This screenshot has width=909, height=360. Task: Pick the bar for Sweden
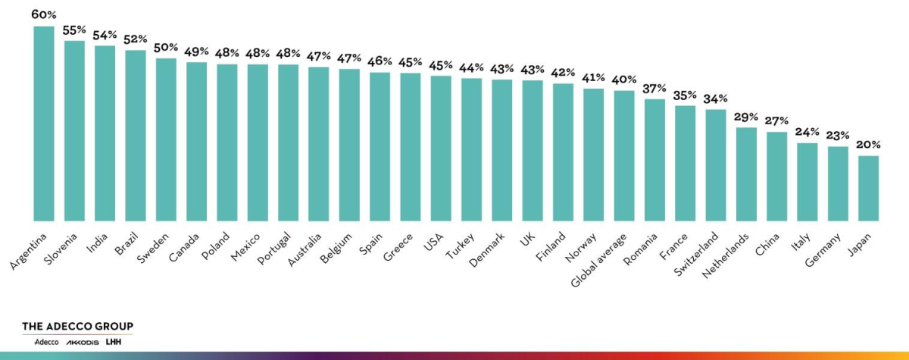click(x=166, y=139)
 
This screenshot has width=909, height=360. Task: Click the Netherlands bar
click(x=746, y=174)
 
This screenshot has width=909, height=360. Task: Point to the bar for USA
click(x=441, y=148)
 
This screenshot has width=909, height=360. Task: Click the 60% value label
click(x=43, y=14)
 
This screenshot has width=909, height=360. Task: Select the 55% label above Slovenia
click(x=74, y=30)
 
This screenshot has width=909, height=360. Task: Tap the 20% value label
click(x=868, y=146)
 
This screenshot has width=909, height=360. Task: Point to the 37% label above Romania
click(x=654, y=89)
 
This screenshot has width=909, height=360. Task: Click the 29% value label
click(x=746, y=117)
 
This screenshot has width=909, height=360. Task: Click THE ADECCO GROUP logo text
click(x=77, y=327)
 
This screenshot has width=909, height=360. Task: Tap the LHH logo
click(x=114, y=343)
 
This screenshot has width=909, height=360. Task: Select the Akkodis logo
click(x=82, y=343)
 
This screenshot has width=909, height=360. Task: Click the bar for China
click(x=776, y=176)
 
